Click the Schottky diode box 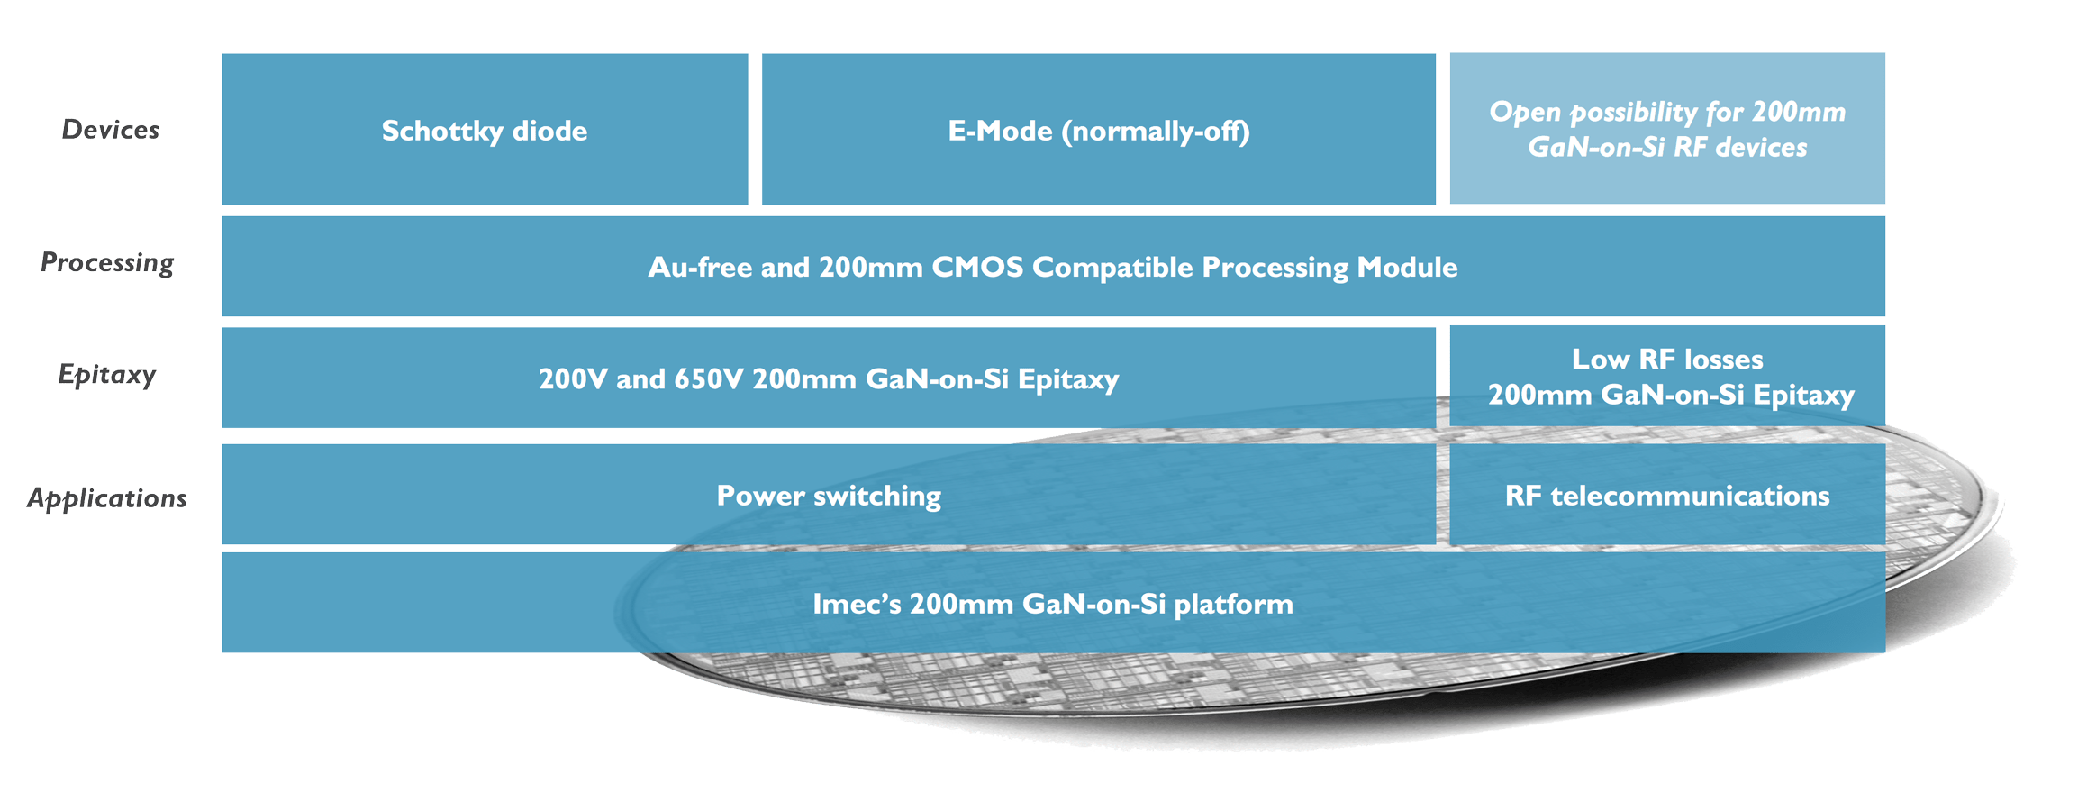pyautogui.click(x=485, y=130)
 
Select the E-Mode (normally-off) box pyautogui.click(x=1098, y=130)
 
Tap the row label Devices pyautogui.click(x=110, y=130)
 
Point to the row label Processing pyautogui.click(x=107, y=262)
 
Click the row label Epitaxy pyautogui.click(x=107, y=374)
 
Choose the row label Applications pyautogui.click(x=107, y=497)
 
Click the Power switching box pyautogui.click(x=828, y=495)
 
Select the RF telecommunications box pyautogui.click(x=1666, y=495)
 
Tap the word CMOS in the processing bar pyautogui.click(x=978, y=267)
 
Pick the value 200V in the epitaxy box pyautogui.click(x=573, y=378)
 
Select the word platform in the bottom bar pyautogui.click(x=1233, y=603)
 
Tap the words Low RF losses pyautogui.click(x=1666, y=359)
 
